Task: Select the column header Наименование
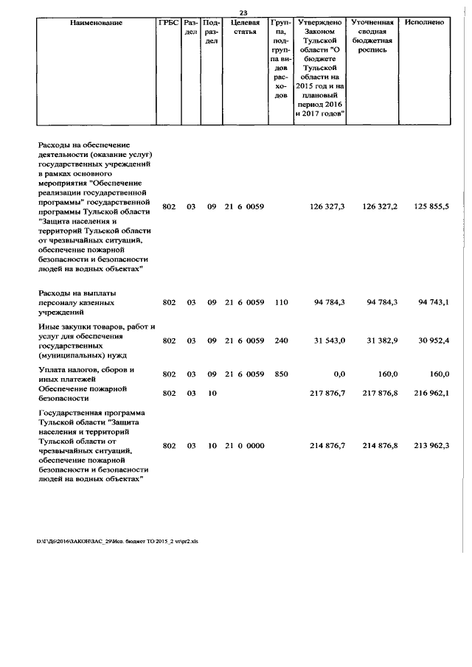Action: click(x=96, y=23)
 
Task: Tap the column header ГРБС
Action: click(x=168, y=23)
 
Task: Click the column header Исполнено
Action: click(x=424, y=23)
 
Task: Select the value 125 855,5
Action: click(x=431, y=208)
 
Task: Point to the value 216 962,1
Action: click(x=431, y=394)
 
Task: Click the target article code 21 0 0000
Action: click(x=244, y=446)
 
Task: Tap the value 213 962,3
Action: click(x=431, y=446)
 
